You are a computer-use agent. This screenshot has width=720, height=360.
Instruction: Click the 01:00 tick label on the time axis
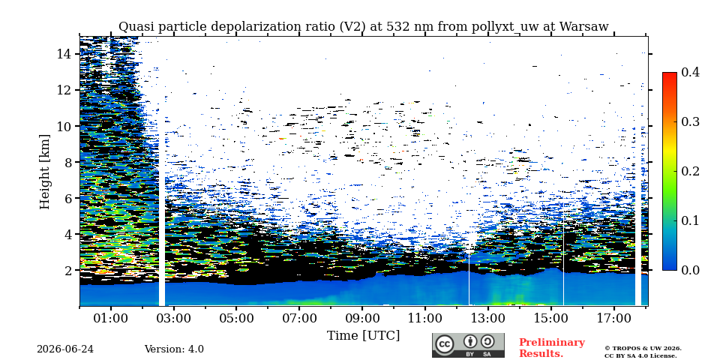111,318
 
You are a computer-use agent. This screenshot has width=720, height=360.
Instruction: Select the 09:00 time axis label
361,318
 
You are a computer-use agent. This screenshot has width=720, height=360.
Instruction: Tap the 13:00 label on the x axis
487,318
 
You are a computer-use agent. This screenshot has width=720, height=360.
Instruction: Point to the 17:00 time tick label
613,318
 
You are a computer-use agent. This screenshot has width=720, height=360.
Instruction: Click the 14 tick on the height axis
64,54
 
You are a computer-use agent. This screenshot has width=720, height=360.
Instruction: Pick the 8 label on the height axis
67,162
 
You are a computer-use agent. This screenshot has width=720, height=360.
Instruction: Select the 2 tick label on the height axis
67,271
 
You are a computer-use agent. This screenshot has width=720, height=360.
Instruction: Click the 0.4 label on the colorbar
690,72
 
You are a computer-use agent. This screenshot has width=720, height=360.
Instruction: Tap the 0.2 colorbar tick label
690,171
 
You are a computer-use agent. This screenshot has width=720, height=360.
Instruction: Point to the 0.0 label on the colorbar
690,270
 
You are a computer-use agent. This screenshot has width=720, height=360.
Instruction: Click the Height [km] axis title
44,172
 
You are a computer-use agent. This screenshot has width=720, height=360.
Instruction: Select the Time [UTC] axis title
363,336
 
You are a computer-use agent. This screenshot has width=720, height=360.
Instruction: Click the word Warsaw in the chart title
584,27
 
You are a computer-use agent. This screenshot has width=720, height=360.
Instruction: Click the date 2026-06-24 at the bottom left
65,349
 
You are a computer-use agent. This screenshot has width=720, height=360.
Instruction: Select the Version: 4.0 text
174,349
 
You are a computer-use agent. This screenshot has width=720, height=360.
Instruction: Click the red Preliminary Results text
552,348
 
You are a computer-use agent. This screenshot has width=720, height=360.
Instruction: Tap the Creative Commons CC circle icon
445,344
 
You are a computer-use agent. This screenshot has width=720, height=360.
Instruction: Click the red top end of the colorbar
670,74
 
